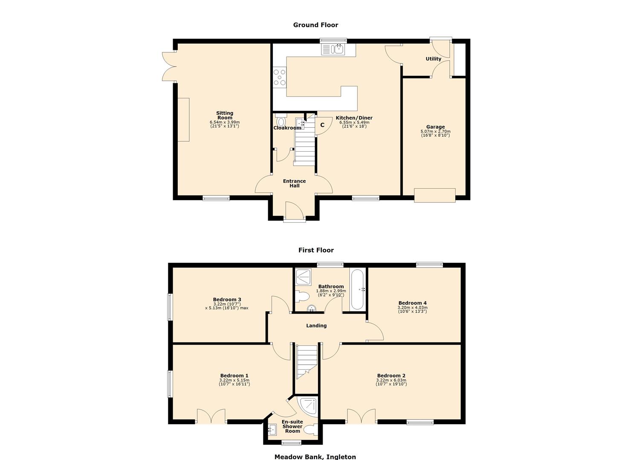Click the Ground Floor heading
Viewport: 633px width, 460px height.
[x=315, y=25]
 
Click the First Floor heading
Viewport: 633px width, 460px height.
[x=316, y=250]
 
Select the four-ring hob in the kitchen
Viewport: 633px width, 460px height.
[x=280, y=78]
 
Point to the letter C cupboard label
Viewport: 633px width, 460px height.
[x=322, y=125]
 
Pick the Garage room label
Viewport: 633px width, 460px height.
[x=435, y=127]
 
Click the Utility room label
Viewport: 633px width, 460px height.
[x=434, y=59]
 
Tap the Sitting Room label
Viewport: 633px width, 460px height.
[x=225, y=115]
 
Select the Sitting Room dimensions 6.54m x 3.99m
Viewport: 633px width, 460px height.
[x=225, y=122]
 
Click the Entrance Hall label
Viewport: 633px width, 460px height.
[x=294, y=184]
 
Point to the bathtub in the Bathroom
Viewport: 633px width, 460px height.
[x=356, y=290]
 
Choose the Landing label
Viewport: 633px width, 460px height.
[x=316, y=326]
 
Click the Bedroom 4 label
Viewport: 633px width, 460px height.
[x=412, y=303]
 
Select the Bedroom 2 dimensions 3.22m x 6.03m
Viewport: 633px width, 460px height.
[x=391, y=380]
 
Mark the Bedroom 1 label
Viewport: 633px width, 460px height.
[x=234, y=376]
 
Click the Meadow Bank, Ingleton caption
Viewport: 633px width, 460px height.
[x=315, y=457]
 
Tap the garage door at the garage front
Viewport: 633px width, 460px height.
[x=435, y=195]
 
